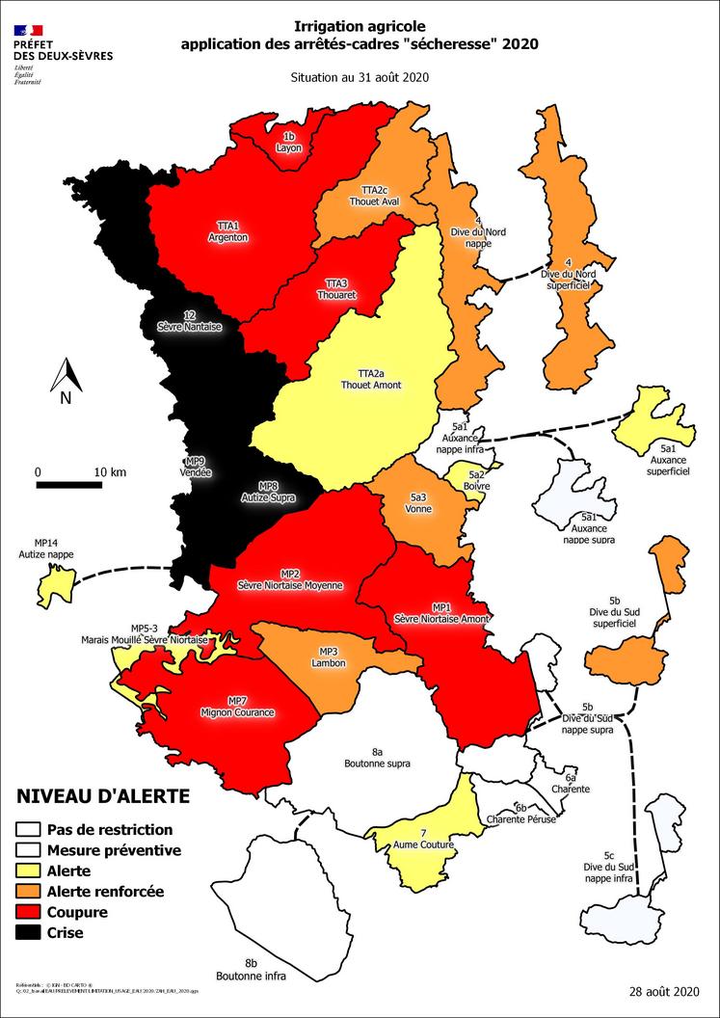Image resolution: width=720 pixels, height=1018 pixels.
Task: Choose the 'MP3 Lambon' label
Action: click(328, 657)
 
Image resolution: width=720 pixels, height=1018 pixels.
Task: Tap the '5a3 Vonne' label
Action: click(418, 502)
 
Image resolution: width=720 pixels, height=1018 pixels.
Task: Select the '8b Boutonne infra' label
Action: click(251, 969)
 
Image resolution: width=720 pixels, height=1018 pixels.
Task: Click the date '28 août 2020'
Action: click(663, 991)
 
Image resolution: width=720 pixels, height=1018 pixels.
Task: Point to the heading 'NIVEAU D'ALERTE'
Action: click(102, 796)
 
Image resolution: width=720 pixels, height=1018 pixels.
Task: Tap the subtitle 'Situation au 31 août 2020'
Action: click(360, 77)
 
